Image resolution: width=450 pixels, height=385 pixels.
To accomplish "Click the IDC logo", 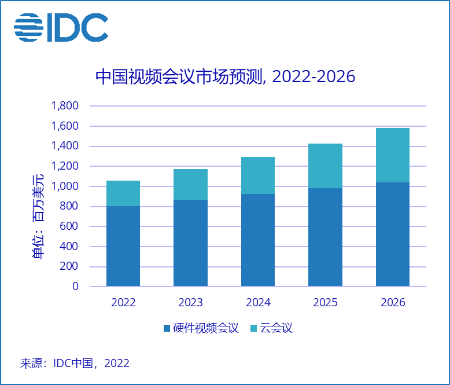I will tap(61, 28).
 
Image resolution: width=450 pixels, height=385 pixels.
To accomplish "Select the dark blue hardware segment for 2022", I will tap(123, 246).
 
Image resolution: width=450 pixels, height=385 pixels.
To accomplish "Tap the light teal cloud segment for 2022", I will tap(123, 193).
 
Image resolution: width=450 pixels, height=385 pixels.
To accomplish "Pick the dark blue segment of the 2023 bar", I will tap(190, 243).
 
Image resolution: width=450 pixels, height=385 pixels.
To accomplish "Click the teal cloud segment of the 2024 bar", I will tap(258, 175).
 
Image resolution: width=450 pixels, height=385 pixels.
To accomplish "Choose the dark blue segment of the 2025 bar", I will tap(325, 237).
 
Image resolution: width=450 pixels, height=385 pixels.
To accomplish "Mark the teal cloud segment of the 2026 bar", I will tap(393, 155).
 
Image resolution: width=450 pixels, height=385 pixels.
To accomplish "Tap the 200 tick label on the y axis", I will tap(69, 267).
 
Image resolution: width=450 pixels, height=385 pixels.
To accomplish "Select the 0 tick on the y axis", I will tap(75, 287).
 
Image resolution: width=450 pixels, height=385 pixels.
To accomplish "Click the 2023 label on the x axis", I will tap(190, 303).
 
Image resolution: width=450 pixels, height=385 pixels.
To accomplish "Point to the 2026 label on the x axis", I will tap(393, 303).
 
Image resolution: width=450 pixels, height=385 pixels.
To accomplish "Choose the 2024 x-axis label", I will tap(258, 303).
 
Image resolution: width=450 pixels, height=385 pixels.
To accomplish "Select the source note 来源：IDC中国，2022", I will tap(75, 364).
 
